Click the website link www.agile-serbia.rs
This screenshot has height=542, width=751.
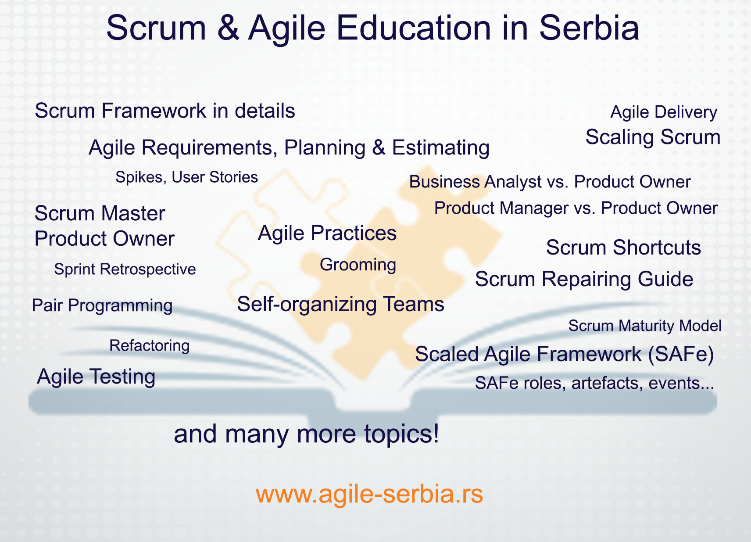tap(369, 495)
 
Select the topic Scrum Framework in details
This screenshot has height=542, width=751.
tap(165, 111)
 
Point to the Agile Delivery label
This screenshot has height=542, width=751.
tap(664, 112)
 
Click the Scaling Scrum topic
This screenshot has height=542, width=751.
tap(653, 137)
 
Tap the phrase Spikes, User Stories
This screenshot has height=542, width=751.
tap(187, 177)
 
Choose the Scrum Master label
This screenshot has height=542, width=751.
tap(100, 213)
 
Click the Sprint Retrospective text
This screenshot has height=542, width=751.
tap(125, 269)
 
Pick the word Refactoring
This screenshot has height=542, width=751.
tap(150, 346)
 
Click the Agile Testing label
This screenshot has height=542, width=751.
tap(96, 377)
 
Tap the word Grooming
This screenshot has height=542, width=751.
tap(358, 266)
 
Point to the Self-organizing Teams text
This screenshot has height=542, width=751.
tap(341, 305)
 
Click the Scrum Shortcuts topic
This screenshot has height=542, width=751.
tap(624, 248)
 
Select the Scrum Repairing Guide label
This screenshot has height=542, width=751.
tap(584, 280)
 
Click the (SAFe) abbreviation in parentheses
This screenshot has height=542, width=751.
tap(681, 355)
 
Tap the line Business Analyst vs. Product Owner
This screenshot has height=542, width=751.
tap(550, 182)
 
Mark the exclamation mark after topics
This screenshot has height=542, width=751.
tap(436, 433)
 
